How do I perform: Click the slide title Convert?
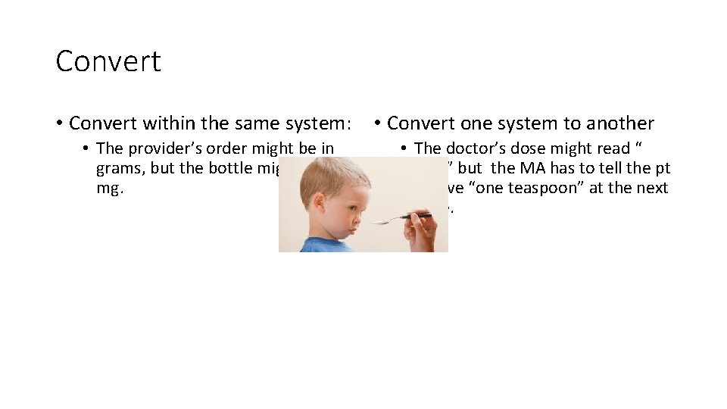coord(108,61)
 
